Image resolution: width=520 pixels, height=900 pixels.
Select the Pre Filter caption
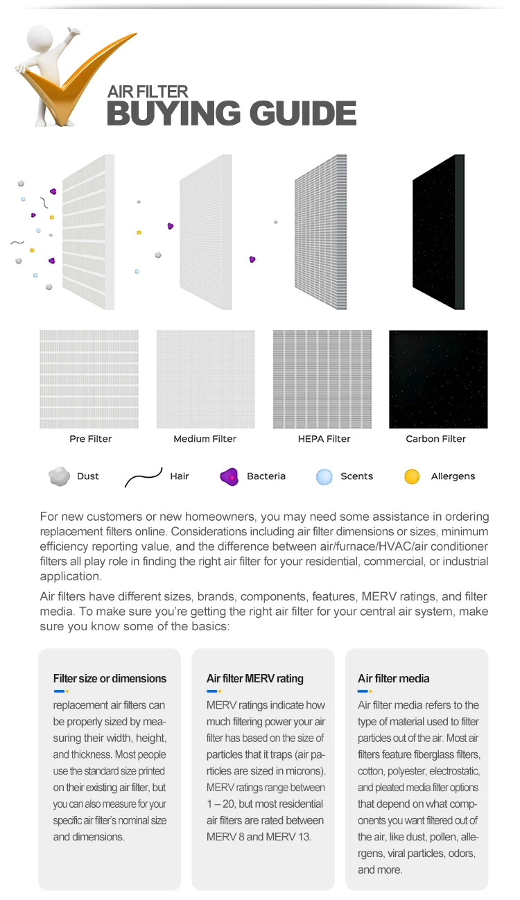point(90,439)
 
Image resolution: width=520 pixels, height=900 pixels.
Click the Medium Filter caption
point(205,439)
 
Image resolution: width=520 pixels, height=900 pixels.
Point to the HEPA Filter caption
point(324,439)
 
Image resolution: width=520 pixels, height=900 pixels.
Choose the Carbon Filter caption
point(435,439)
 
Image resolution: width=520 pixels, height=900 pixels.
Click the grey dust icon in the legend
point(60,477)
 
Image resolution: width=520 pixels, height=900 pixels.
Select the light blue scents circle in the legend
point(324,477)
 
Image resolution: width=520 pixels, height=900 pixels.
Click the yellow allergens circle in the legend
point(412,477)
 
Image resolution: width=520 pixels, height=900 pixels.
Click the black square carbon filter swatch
point(438,379)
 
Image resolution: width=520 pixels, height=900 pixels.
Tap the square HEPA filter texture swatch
point(322,379)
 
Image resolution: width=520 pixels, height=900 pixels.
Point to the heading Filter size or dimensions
point(110,678)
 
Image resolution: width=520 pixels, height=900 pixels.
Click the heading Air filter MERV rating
point(255,678)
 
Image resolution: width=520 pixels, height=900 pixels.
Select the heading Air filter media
point(394,678)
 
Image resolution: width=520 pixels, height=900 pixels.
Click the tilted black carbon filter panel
point(438,232)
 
